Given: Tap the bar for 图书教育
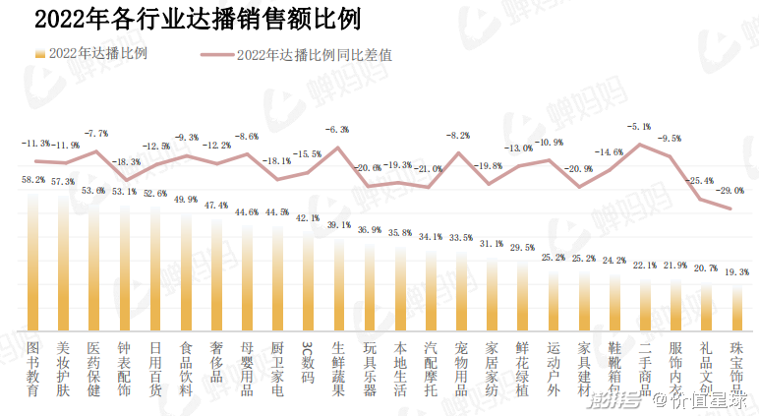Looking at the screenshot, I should pos(33,261).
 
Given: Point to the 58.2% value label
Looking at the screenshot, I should pos(33,180).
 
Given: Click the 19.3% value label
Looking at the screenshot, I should pos(736,271).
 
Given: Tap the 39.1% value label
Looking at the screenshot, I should pos(338,225).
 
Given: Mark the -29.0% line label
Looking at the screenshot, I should pos(730,190).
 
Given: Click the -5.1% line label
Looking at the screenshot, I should pos(639,127).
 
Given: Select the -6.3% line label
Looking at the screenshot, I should pos(338,130).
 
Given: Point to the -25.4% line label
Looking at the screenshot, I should pos(699,181).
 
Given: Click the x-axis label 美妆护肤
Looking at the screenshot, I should pos(64,369).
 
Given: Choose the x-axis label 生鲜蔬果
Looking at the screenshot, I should pos(338,369).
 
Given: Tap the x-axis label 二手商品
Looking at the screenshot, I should pos(645,369).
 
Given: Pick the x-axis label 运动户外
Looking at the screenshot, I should pos(553,369).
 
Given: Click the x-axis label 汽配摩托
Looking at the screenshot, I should pos(431,369).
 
